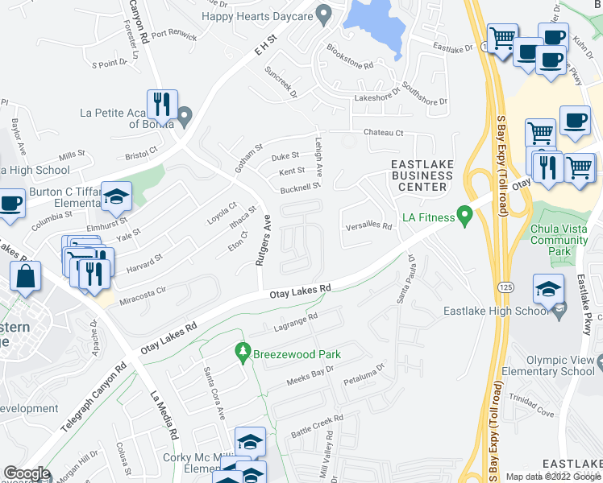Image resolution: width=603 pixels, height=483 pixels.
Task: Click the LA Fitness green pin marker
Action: pos(464,216)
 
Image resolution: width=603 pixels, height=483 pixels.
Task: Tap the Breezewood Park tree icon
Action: pos(241,353)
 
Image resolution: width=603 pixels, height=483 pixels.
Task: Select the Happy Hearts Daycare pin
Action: pos(324,14)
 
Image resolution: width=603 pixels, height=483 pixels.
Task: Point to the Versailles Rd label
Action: pos(368,226)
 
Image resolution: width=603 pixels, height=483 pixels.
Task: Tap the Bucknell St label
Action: pos(300,188)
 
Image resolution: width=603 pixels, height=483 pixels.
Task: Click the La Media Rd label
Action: pos(164,415)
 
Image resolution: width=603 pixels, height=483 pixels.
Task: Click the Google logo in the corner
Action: pos(26,473)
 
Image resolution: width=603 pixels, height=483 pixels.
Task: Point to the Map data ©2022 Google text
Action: pos(553,477)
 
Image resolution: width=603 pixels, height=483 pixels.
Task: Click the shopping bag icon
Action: pos(26,276)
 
